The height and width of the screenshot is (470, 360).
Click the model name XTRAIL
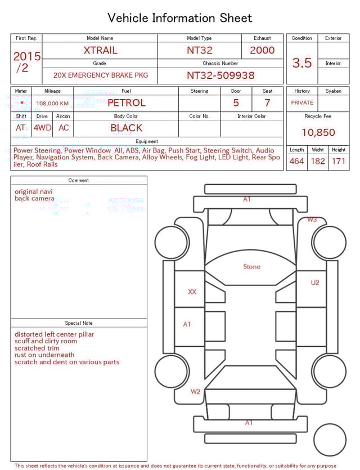[x=100, y=50]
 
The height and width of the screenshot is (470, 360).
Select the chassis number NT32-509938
[x=220, y=75]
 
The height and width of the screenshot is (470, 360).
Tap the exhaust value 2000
[x=262, y=50]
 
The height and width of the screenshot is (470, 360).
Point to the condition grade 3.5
[x=302, y=63]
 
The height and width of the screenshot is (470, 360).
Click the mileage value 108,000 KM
[x=52, y=104]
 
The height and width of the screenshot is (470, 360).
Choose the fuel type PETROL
[x=126, y=103]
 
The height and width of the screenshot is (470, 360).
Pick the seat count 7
[x=267, y=103]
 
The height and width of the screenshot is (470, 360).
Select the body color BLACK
[x=126, y=128]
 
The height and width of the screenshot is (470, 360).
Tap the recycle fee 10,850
[x=318, y=133]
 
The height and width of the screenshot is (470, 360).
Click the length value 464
[x=296, y=162]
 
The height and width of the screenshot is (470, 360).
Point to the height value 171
[x=339, y=162]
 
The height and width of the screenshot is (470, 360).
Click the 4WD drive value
[x=42, y=128]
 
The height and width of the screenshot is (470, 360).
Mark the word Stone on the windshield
[x=251, y=266]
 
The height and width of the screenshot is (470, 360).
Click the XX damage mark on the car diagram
[x=192, y=292]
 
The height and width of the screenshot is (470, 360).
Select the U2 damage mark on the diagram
[x=314, y=283]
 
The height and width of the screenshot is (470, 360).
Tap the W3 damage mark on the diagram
[x=312, y=220]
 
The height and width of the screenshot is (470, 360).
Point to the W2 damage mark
[x=195, y=391]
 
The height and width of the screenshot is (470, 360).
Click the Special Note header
[x=79, y=323]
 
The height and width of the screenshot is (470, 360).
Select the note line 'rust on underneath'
[x=44, y=355]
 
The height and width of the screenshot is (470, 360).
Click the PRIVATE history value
[x=302, y=103]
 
